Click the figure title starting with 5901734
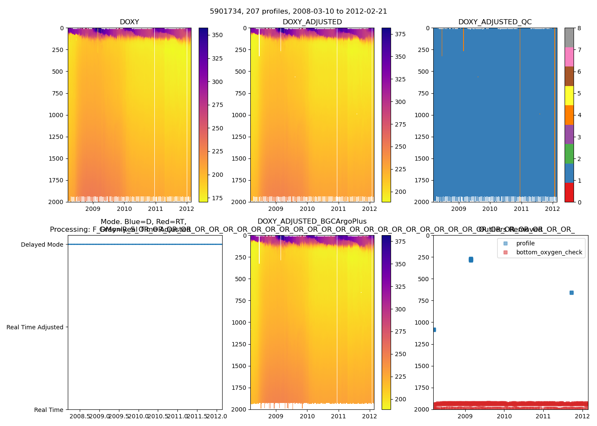(298, 12)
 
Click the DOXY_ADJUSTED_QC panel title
(495, 22)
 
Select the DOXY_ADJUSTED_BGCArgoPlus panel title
(312, 222)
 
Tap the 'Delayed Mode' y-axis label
(42, 245)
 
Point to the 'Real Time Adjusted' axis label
(35, 327)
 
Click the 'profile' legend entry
(525, 243)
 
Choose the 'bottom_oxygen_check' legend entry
(549, 252)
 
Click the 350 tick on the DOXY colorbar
(217, 35)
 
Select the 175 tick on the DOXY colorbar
(217, 198)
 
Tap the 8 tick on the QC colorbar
(579, 29)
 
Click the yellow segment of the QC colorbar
(569, 95)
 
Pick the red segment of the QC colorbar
(569, 192)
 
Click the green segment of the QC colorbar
(569, 154)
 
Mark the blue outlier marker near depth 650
(571, 293)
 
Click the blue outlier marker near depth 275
(471, 259)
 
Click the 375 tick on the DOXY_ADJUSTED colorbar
(400, 34)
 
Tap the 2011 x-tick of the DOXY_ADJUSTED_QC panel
(521, 209)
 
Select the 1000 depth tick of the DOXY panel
(57, 115)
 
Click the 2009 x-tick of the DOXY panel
(93, 209)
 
